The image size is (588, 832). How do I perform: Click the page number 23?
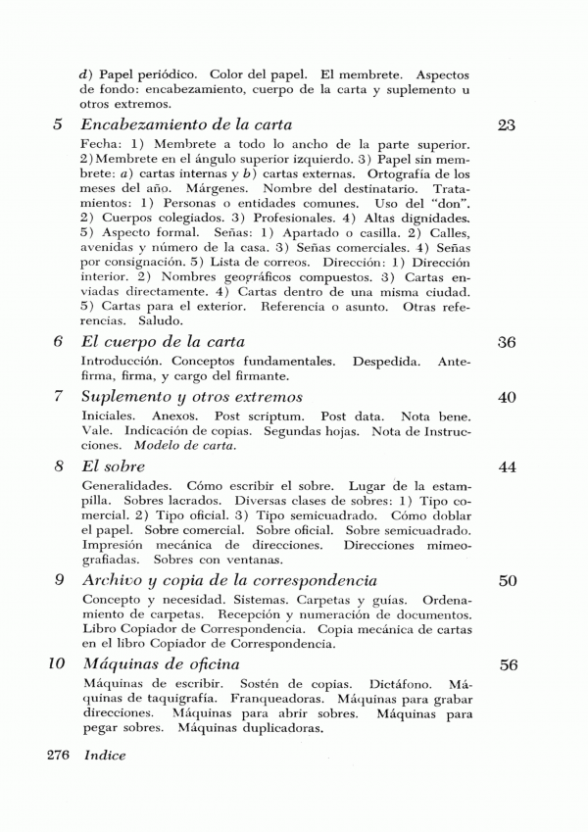point(507,125)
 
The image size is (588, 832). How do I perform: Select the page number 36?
point(507,343)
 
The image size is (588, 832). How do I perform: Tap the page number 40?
point(507,397)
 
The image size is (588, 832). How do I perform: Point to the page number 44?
point(507,467)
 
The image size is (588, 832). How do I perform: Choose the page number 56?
point(508,664)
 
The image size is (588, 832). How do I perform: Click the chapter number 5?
point(57,125)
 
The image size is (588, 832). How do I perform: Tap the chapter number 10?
point(57,664)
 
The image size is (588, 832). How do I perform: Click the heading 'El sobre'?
point(113,466)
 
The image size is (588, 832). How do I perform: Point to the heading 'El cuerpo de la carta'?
point(163,342)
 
